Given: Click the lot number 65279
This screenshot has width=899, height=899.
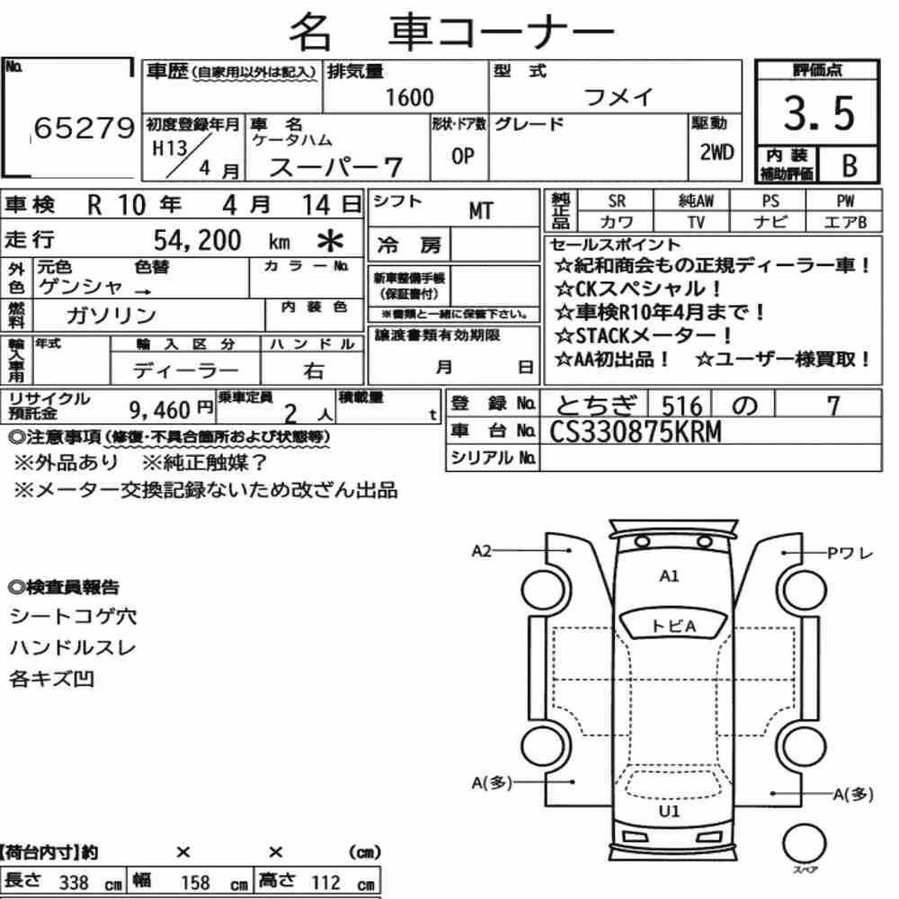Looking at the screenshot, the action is click(x=85, y=128).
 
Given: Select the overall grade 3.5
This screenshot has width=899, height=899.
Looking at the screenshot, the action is click(x=819, y=113).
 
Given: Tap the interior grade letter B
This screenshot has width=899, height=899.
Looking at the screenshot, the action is click(x=850, y=165).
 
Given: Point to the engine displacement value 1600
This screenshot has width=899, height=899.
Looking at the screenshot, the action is click(x=409, y=97).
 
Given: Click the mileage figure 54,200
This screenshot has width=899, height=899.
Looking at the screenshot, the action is click(x=197, y=240).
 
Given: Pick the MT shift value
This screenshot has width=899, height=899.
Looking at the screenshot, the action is click(x=480, y=211).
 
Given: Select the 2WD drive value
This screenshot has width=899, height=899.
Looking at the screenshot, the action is click(x=717, y=153).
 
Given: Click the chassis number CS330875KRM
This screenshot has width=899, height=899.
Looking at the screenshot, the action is click(x=636, y=432).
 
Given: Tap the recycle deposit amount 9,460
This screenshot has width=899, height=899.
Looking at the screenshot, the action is click(x=159, y=409).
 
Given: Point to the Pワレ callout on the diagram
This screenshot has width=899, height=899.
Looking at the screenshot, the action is click(x=850, y=553).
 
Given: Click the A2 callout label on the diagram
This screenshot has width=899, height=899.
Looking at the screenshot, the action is click(x=482, y=551).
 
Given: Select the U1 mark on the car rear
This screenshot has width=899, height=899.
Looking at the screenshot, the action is click(x=669, y=811).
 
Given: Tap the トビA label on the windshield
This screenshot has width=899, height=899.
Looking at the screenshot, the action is click(x=673, y=626).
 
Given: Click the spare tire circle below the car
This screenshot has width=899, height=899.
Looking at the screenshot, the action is click(x=804, y=843).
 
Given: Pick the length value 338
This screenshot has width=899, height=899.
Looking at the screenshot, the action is click(x=74, y=883).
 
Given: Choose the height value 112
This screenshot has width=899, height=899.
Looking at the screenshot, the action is click(x=325, y=882).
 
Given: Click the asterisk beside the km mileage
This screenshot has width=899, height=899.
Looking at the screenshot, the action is click(x=330, y=241).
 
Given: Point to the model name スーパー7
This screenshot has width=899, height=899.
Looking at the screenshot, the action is click(x=335, y=167).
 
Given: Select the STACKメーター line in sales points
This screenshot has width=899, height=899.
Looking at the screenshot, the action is click(x=644, y=334).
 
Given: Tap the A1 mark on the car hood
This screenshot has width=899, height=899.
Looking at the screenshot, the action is click(x=669, y=575).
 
